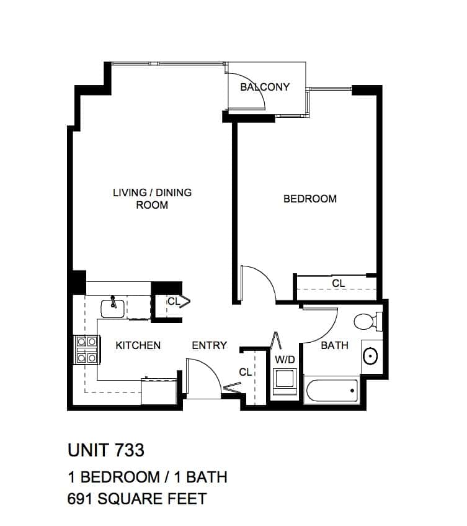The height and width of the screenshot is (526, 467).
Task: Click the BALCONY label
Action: (x=265, y=87)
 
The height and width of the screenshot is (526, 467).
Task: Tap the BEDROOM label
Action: (x=310, y=199)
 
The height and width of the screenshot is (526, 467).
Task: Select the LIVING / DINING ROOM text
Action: (x=152, y=199)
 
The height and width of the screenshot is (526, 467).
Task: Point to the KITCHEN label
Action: (x=138, y=345)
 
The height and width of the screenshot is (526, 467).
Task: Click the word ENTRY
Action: (x=210, y=345)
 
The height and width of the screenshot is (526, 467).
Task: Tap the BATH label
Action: (x=335, y=345)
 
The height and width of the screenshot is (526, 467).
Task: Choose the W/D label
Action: (x=285, y=360)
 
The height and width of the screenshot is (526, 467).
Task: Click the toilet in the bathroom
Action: (x=368, y=321)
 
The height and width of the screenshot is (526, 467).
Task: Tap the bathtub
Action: (x=331, y=390)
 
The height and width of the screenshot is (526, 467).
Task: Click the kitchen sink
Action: (x=113, y=309)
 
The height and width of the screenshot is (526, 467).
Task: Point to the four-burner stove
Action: (x=87, y=350)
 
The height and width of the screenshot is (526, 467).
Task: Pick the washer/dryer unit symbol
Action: (x=285, y=381)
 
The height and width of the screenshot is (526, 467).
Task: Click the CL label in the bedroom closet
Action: (x=339, y=283)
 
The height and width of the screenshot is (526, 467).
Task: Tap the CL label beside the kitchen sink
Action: (x=174, y=302)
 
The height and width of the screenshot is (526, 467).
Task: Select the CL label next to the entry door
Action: (x=245, y=372)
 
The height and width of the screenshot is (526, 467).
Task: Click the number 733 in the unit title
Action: (x=130, y=450)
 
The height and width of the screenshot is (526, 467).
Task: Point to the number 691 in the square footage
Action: (x=80, y=499)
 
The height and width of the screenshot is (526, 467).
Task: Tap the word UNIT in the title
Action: (x=89, y=450)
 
